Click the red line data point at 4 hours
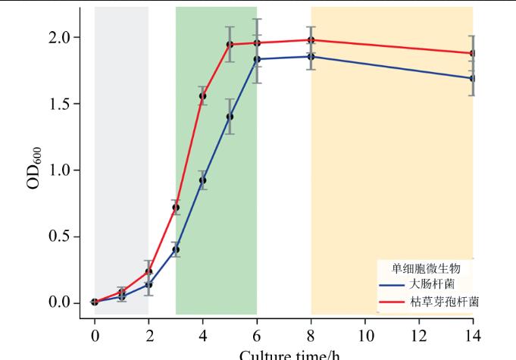pos(202,96)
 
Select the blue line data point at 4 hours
pos(202,180)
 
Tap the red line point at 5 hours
pos(230,44)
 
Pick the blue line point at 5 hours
pos(230,117)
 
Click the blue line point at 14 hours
pos(473,78)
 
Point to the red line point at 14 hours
pos(473,53)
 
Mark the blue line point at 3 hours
pos(176,249)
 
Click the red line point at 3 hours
pos(176,208)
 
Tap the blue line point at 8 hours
pos(311,56)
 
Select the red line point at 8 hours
pos(311,40)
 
